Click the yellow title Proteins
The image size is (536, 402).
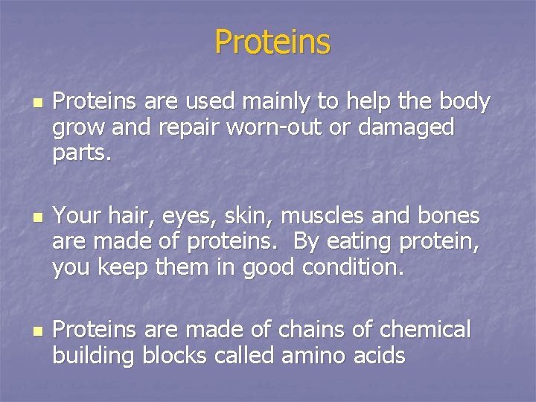[x=272, y=42]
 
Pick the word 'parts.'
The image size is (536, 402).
[x=81, y=153]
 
